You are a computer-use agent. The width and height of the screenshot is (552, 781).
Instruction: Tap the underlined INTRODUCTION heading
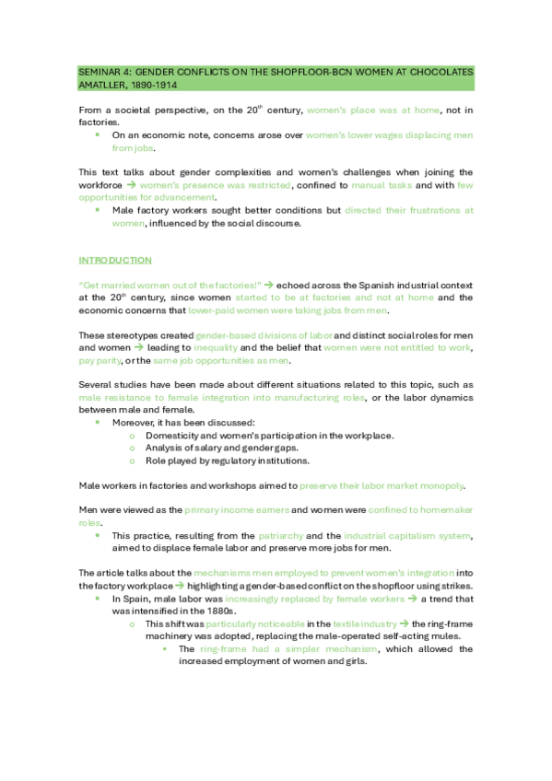tap(115, 261)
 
